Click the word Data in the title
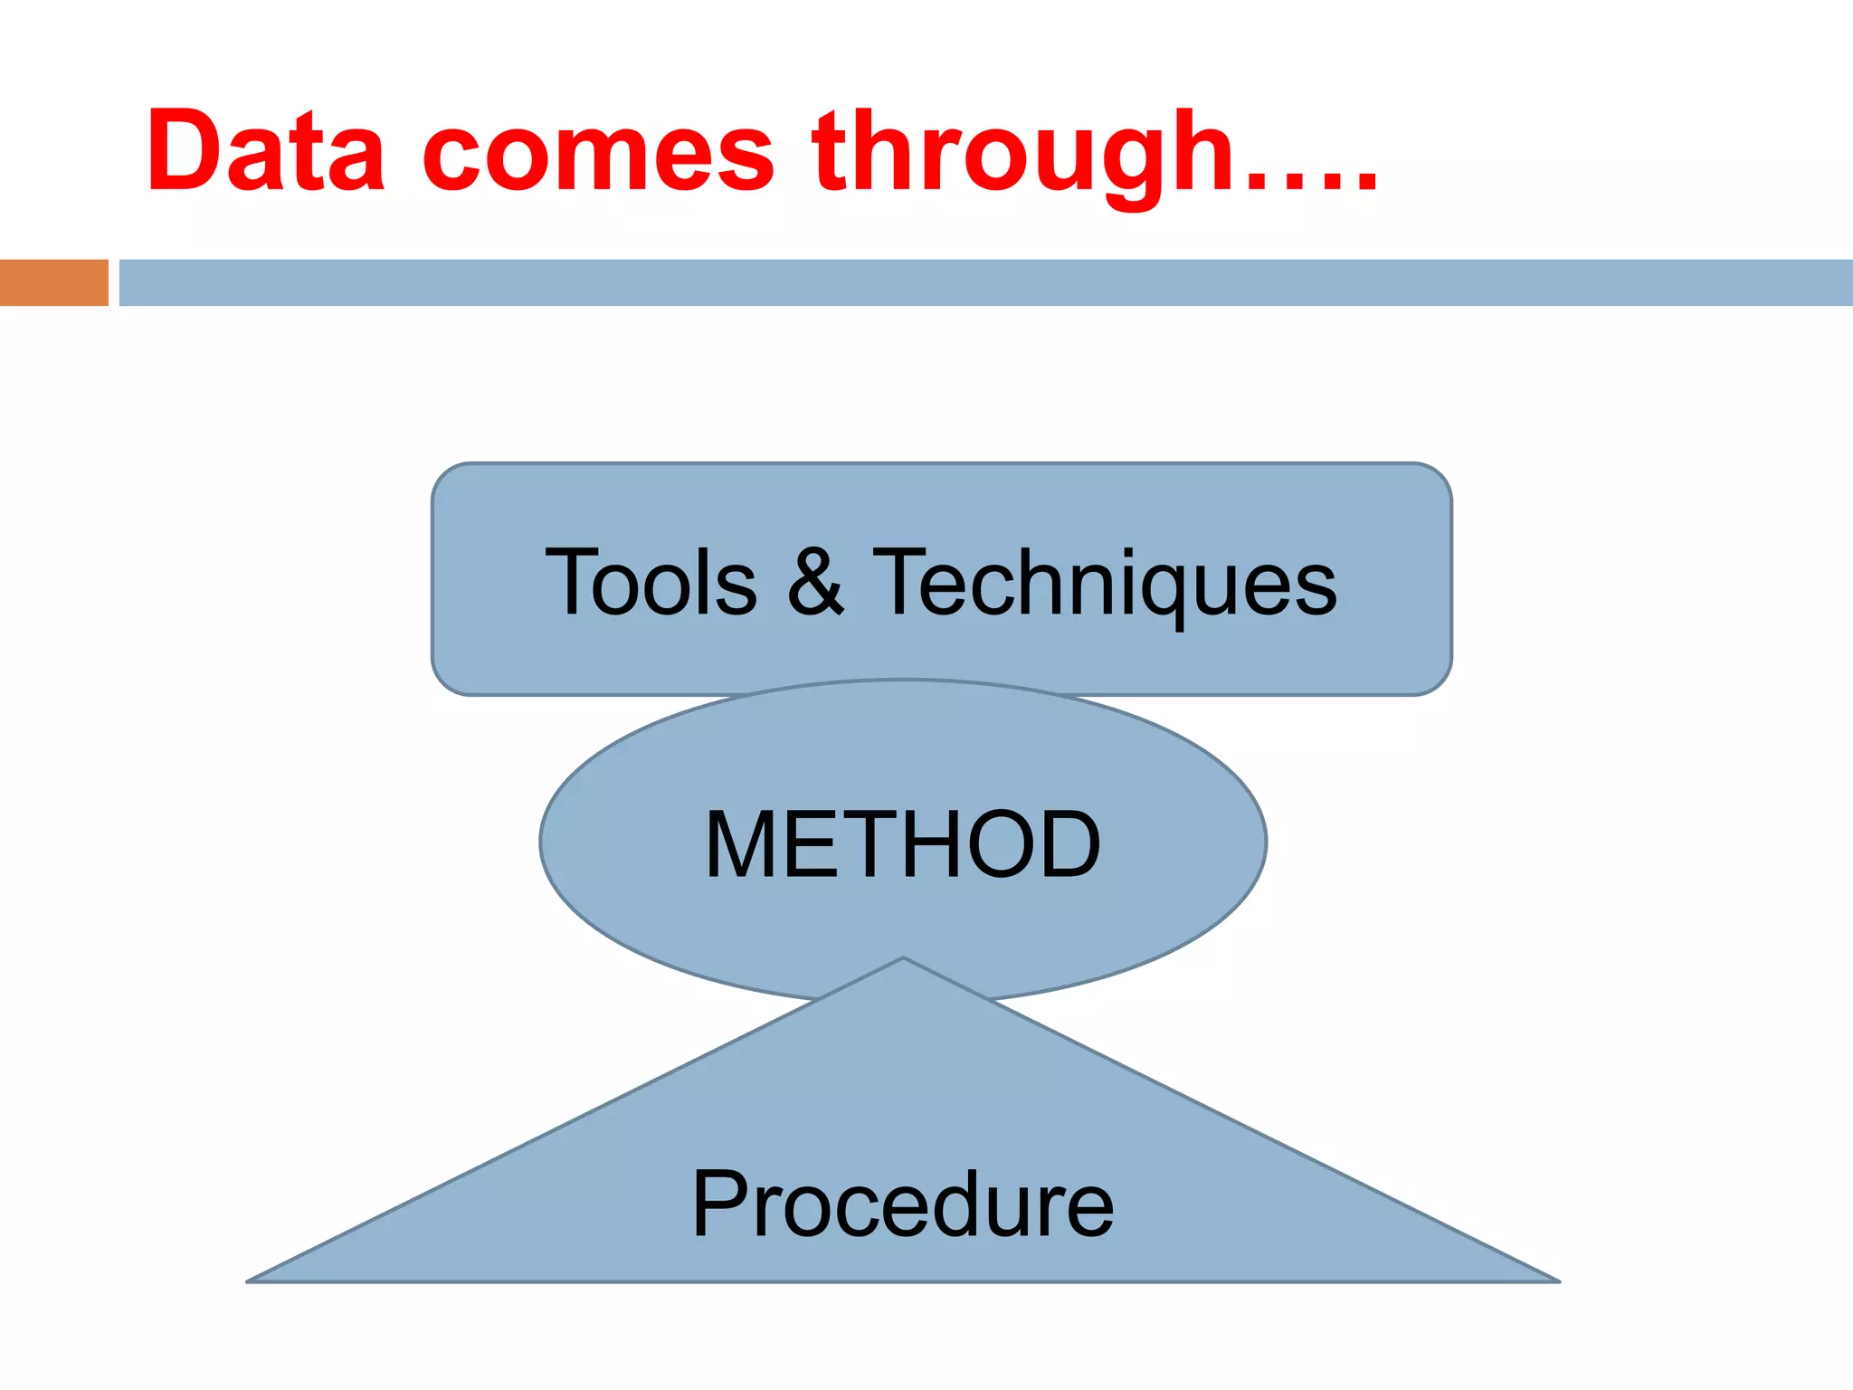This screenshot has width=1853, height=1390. [266, 150]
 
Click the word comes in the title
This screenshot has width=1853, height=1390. [598, 154]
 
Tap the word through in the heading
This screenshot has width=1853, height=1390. [1022, 154]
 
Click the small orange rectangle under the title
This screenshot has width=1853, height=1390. [53, 282]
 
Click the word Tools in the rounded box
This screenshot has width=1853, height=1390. [651, 583]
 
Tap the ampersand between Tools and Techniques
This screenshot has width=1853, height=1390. [815, 583]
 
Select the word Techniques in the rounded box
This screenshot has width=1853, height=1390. [1104, 585]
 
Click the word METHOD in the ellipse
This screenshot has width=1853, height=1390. [903, 844]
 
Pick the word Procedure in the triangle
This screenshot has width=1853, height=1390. [903, 1204]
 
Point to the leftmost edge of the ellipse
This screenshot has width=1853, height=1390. [542, 842]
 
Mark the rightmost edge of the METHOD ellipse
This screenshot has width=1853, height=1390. [1265, 842]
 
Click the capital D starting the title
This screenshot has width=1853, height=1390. [186, 150]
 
